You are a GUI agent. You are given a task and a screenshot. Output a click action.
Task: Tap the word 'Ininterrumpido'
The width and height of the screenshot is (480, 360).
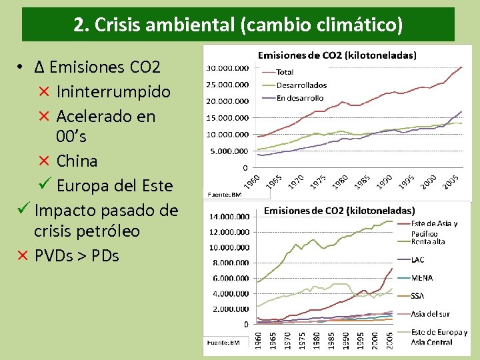pos(113,91)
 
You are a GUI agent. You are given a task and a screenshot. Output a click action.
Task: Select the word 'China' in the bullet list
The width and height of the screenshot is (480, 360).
pos(77,161)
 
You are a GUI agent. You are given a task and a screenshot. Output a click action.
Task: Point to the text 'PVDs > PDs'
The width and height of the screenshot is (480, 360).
pos(77,255)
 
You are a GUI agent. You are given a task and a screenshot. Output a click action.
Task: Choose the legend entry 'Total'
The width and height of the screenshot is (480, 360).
pos(285,72)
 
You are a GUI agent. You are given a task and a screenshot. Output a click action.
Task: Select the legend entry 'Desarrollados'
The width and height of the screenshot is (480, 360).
pos(301,85)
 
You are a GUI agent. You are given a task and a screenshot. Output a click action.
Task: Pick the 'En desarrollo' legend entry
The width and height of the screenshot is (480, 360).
pos(299,98)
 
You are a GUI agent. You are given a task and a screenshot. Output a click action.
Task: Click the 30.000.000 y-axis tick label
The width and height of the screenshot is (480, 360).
pos(227,68)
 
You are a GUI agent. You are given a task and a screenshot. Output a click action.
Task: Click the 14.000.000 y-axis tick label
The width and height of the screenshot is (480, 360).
pos(229,217)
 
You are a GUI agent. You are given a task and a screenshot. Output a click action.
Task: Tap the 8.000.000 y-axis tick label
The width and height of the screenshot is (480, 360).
pos(231,263)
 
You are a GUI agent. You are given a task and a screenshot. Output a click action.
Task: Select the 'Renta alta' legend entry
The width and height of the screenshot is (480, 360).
pos(429,242)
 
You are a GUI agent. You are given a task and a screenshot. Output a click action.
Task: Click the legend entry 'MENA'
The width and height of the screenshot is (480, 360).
pos(423,277)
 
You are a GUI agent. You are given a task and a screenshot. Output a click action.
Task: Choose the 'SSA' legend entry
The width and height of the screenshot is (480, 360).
pos(419,295)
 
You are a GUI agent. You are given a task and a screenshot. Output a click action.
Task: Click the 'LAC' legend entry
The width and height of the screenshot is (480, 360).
pos(418,259)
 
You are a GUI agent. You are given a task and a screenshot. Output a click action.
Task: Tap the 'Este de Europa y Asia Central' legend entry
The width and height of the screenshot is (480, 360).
pos(439,337)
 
